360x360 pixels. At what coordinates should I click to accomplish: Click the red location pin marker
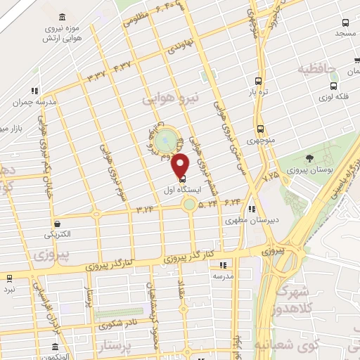point(181,166)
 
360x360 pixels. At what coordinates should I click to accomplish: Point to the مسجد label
point(346,33)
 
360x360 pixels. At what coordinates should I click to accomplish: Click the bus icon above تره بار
point(259,80)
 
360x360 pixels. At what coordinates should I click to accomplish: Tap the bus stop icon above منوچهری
point(261,129)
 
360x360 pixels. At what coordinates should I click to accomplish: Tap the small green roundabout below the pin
point(189,205)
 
